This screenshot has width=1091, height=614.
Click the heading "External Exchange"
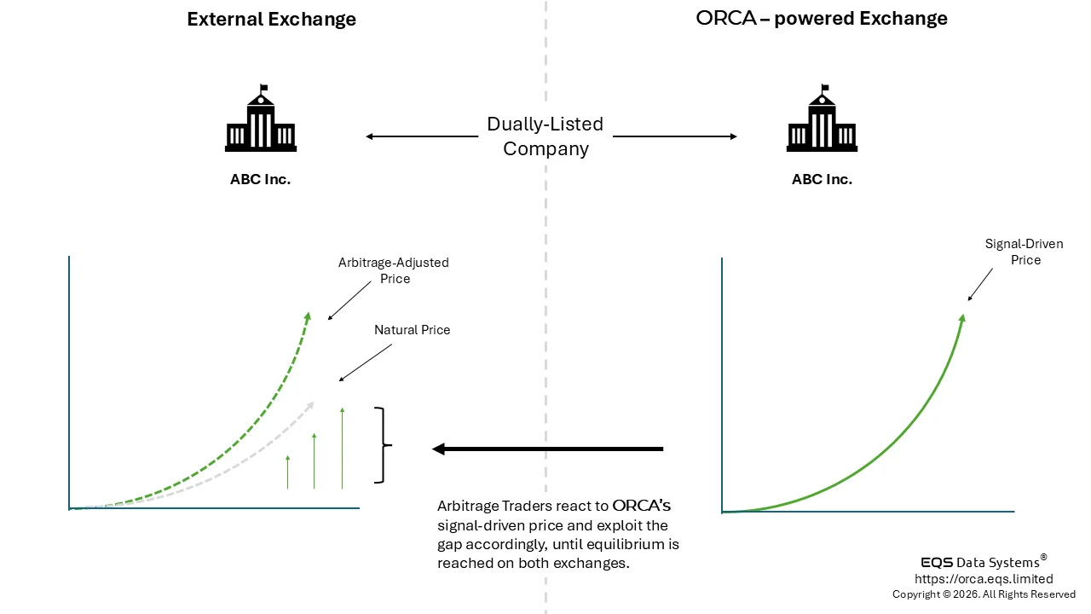pos(271,19)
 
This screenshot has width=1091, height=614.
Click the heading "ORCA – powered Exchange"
pos(822,18)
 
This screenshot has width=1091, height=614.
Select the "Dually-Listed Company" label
pos(545,136)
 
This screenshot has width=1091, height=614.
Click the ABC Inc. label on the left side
pos(260,180)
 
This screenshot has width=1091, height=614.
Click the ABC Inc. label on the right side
pos(822,180)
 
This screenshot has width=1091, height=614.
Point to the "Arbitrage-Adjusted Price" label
pos(393,270)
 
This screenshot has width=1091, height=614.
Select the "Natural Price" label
pos(412,330)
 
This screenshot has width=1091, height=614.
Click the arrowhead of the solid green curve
pos(962,318)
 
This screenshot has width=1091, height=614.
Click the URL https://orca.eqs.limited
pos(984,579)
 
